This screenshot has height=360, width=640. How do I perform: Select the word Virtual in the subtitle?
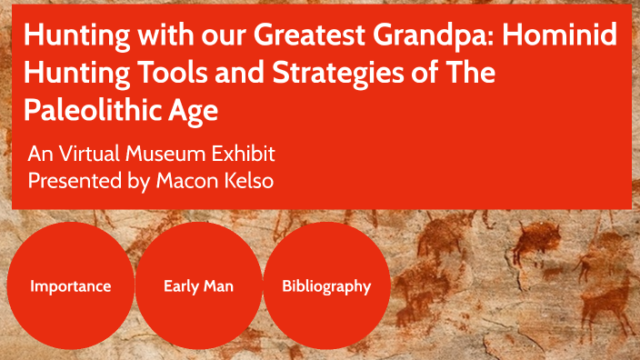[x=95, y=152]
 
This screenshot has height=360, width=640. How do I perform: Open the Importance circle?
[x=70, y=285]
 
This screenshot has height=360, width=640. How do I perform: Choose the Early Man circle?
[x=198, y=285]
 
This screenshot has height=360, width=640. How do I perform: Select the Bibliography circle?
[x=326, y=285]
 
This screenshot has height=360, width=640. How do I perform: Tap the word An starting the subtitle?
[x=39, y=152]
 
